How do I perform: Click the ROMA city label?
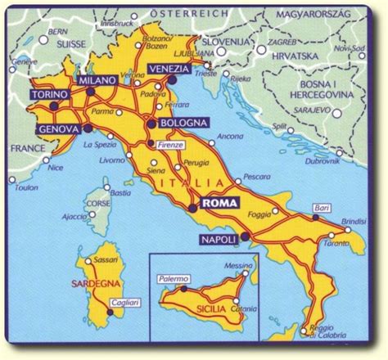[x=219, y=207]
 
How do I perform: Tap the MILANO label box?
[x=96, y=81]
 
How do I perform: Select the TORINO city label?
[x=49, y=97]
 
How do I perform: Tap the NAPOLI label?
[x=217, y=239]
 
